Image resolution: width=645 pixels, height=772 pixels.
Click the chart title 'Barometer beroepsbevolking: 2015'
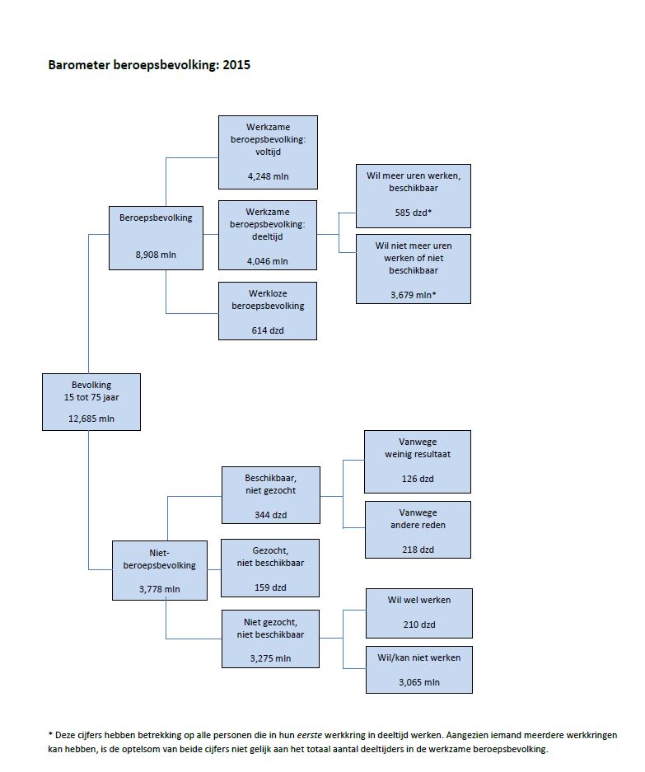click(x=149, y=64)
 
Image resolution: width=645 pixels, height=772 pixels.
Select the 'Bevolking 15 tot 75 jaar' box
click(x=91, y=401)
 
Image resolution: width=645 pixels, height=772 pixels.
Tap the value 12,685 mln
click(x=91, y=419)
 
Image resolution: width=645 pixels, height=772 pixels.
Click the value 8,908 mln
click(x=156, y=255)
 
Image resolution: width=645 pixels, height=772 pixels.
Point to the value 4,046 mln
click(x=268, y=261)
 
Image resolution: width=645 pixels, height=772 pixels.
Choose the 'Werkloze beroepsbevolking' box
click(x=268, y=311)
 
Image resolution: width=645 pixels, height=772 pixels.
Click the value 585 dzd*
click(x=414, y=213)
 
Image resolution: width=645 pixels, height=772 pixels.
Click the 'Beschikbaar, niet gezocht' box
click(x=270, y=494)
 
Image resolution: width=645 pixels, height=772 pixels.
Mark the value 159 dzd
click(x=270, y=587)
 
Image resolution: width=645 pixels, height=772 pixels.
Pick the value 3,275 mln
click(x=270, y=658)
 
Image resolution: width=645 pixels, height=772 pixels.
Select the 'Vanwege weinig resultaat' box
click(x=418, y=461)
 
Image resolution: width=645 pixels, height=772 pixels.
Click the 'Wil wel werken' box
click(x=419, y=612)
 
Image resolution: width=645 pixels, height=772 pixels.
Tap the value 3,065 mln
click(x=419, y=682)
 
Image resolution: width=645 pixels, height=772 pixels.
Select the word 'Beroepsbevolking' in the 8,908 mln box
click(x=156, y=218)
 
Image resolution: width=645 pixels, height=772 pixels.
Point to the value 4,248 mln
click(x=268, y=176)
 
